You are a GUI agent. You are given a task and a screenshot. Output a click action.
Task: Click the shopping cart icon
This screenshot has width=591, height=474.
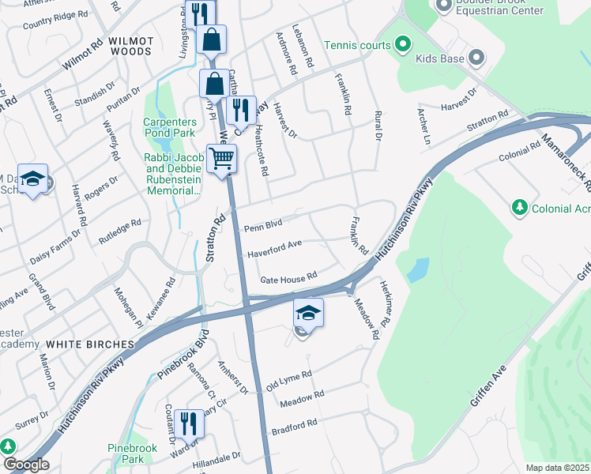point(221,159)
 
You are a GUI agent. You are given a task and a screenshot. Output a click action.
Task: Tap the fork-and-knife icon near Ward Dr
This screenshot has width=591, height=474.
point(189,423)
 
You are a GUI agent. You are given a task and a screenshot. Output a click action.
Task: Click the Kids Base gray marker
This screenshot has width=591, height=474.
point(476,58)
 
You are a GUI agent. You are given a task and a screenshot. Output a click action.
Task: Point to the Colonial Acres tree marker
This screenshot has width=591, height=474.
point(519,207)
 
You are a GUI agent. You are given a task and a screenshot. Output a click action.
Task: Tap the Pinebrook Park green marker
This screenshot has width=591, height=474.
point(9,446)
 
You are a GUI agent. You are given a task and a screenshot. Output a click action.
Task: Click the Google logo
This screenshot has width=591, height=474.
point(25,465)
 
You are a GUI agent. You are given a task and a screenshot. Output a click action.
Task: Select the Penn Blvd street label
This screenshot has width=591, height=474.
point(263,227)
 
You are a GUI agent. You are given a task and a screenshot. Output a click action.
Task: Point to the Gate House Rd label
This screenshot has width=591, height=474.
point(288,276)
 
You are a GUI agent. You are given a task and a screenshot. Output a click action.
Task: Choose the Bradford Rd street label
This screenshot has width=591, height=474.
point(294,427)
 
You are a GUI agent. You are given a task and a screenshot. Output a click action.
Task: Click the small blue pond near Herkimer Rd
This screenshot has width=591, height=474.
point(416,269)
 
